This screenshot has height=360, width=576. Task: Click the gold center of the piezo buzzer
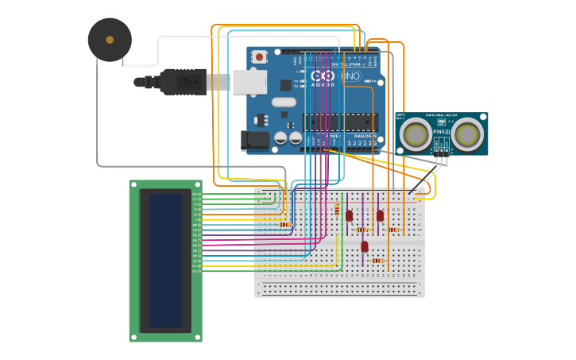point(110,40)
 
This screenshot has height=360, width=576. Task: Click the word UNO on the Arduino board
point(351,76)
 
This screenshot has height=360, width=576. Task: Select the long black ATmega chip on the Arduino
point(339,122)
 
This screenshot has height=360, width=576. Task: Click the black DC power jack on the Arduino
point(254,141)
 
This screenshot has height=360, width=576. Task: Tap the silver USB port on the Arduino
point(249,81)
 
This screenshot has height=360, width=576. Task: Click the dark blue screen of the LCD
point(165,261)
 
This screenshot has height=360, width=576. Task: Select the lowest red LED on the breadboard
point(365,246)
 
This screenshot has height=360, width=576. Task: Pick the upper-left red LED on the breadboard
point(349,215)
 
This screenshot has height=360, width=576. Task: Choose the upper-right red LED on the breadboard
point(380,215)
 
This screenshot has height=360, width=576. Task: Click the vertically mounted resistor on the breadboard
point(337,211)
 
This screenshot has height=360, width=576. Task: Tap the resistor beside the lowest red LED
point(377,260)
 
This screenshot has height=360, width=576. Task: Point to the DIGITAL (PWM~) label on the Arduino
point(359,64)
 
